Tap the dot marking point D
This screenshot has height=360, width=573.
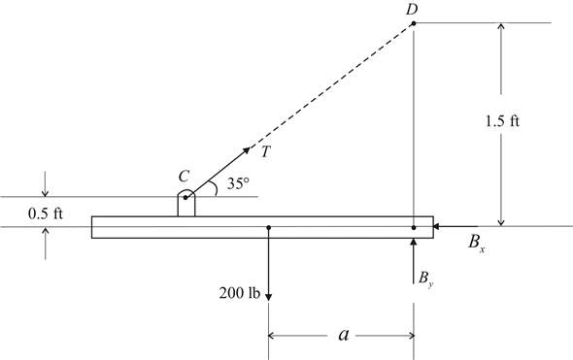[413, 22]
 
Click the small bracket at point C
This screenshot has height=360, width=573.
[185, 205]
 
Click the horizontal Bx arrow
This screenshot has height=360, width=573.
[455, 227]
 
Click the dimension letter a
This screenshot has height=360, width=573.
[342, 335]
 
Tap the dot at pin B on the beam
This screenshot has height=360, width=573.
[413, 228]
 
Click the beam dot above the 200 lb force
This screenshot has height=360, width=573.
[268, 228]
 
